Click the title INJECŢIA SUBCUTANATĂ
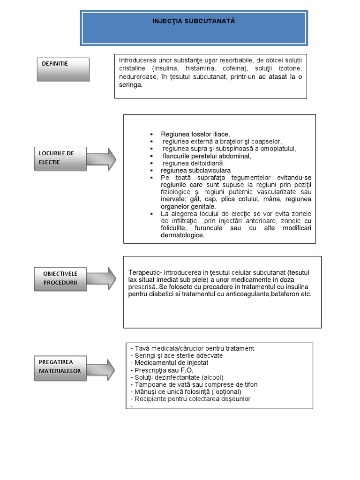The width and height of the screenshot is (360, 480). [194, 22]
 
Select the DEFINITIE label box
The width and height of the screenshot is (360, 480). [63, 69]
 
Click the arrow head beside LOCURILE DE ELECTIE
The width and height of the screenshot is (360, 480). [111, 158]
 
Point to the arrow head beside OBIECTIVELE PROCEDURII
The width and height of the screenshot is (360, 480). [111, 278]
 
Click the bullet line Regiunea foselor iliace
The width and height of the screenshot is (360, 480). [195, 134]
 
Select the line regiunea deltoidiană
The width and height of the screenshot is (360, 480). [194, 163]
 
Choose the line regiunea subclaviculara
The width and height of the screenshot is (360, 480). [195, 171]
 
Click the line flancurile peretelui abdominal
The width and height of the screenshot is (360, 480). [207, 156]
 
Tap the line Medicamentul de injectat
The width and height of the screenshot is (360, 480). [171, 363]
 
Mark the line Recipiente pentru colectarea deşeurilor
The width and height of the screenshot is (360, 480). [192, 399]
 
